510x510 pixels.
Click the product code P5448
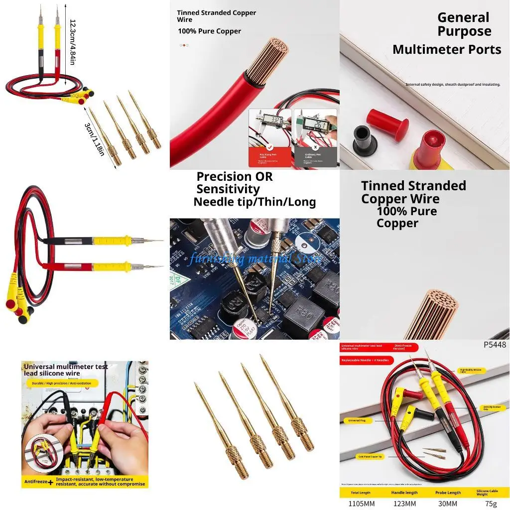(x=495, y=345)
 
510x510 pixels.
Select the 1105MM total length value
(x=363, y=504)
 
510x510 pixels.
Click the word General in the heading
(x=463, y=17)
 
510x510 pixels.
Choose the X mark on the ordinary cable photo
(x=315, y=147)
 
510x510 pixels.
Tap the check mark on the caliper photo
(x=269, y=147)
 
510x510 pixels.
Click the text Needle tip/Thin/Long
(x=255, y=202)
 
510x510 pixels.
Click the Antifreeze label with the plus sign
(x=39, y=482)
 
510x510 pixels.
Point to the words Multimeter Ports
(x=447, y=50)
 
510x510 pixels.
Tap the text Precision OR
(x=235, y=177)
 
